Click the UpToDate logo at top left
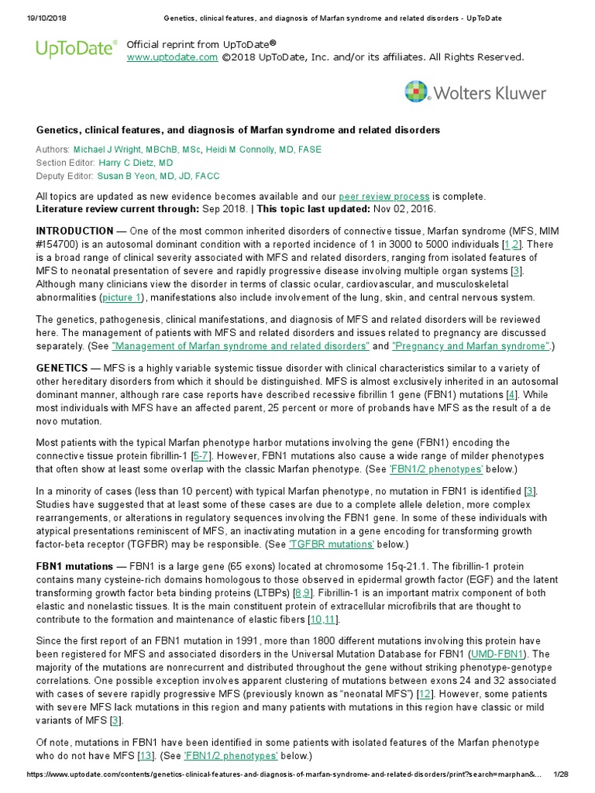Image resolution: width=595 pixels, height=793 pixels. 76,50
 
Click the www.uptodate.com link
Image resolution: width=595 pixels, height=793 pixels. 172,57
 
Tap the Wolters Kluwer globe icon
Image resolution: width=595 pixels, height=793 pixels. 417,92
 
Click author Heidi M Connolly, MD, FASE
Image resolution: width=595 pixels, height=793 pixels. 263,149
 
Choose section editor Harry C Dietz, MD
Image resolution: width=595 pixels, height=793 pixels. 136,163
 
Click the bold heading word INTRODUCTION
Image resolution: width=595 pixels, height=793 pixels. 75,231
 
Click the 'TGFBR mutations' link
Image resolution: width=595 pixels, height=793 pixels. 332,544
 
